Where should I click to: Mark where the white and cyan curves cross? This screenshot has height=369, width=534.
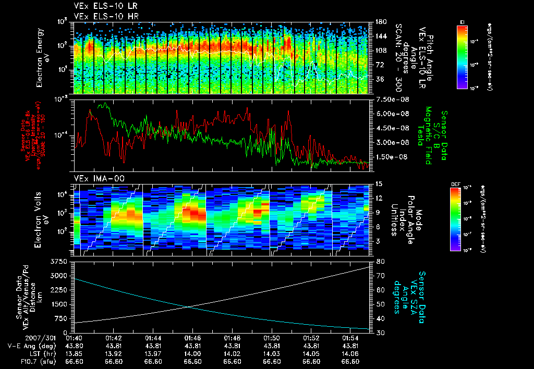tap(188, 307)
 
